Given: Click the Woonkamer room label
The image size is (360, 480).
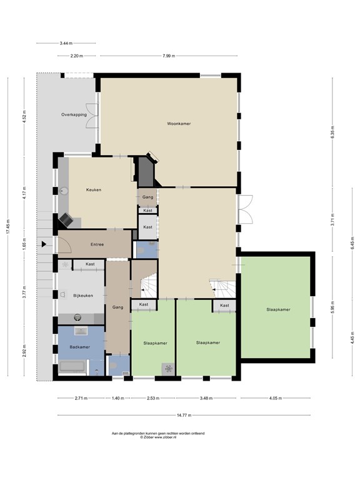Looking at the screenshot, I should pyautogui.click(x=179, y=124).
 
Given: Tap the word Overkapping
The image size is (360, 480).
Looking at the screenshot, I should pyautogui.click(x=74, y=115).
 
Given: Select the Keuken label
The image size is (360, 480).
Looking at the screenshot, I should pyautogui.click(x=93, y=189).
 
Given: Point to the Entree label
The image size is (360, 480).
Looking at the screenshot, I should pyautogui.click(x=97, y=244).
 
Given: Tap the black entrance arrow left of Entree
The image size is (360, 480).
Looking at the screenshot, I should pyautogui.click(x=44, y=244).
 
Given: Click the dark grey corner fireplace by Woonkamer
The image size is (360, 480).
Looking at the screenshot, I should pyautogui.click(x=146, y=172).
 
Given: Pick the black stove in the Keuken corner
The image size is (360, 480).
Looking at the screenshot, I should pyautogui.click(x=66, y=219).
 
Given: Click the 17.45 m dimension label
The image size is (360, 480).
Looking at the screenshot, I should pyautogui.click(x=8, y=229).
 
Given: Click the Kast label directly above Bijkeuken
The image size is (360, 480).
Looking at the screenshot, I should pyautogui.click(x=90, y=264).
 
